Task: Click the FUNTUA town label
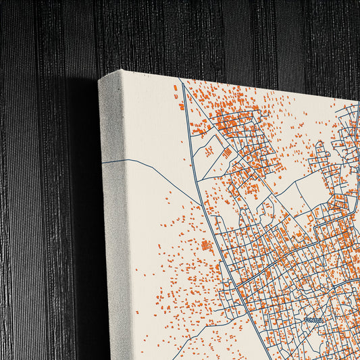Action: pos(315,320)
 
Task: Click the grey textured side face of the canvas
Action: pos(113,223)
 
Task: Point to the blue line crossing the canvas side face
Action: pos(113,162)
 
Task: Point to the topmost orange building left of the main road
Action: pos(176,87)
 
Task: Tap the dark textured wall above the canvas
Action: pos(203,34)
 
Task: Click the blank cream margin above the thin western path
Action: pos(152,122)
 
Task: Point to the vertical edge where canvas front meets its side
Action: pos(128,223)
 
